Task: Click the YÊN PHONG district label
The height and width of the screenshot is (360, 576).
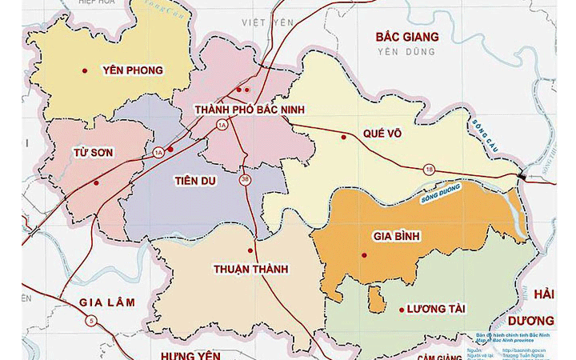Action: tap(133, 70)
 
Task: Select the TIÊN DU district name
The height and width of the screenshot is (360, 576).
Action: tap(195, 181)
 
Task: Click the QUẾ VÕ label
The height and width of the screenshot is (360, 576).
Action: tap(381, 134)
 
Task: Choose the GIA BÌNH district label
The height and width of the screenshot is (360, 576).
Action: tap(396, 237)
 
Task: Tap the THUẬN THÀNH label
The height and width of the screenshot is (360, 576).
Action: tap(250, 270)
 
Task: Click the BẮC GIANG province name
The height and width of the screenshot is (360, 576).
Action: tap(408, 37)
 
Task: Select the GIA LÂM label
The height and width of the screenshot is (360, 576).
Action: tap(107, 302)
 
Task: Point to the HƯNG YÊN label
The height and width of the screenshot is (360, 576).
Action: tap(190, 353)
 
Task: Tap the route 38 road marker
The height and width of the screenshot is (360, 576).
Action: tap(245, 180)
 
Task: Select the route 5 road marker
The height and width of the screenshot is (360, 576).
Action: tap(93, 322)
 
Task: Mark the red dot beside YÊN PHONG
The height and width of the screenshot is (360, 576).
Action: tap(84, 70)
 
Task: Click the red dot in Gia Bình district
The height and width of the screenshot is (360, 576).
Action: tap(364, 255)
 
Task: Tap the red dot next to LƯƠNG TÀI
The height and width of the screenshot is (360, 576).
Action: tap(400, 310)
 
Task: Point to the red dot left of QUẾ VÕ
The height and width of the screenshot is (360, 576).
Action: tap(344, 136)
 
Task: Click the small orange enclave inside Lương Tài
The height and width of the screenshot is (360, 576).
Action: tap(374, 298)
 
